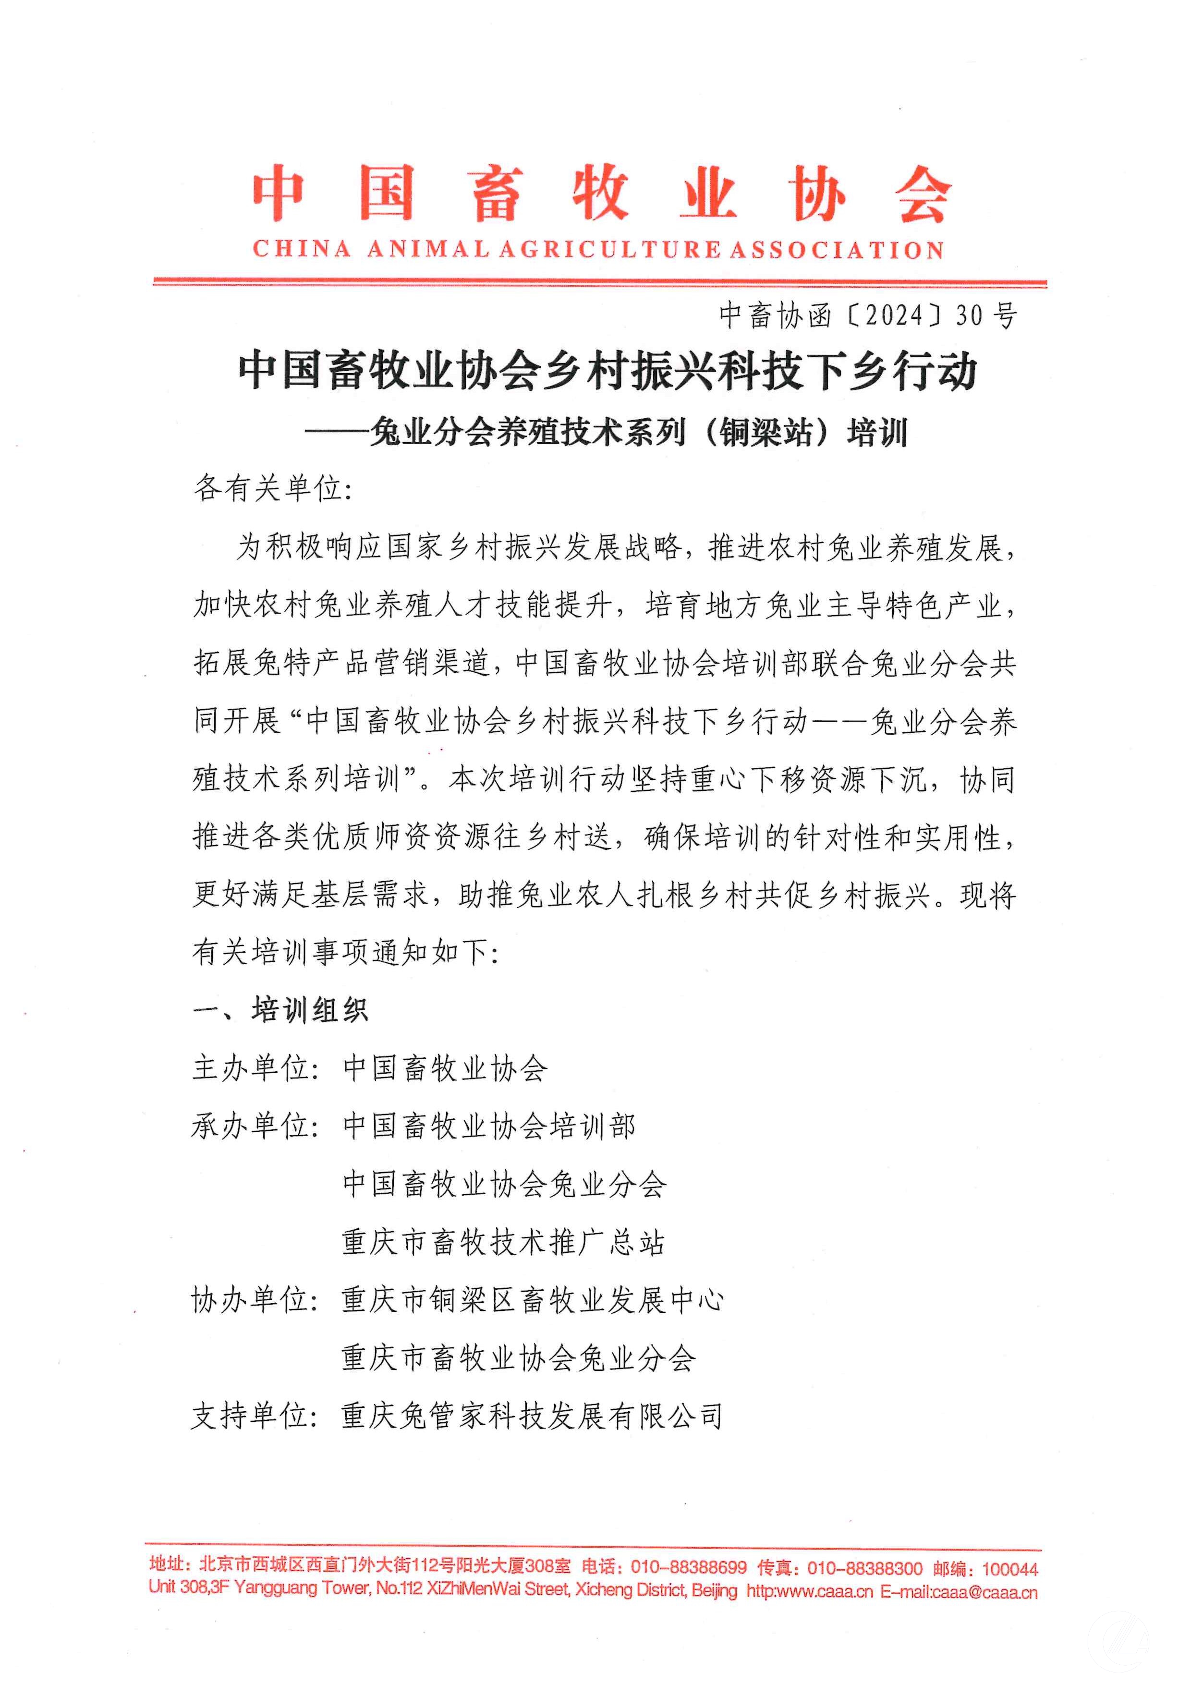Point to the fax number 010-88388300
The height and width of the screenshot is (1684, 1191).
pyautogui.click(x=864, y=1568)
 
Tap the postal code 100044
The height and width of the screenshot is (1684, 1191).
pyautogui.click(x=1010, y=1569)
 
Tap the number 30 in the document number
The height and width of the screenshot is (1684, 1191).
pyautogui.click(x=969, y=315)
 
